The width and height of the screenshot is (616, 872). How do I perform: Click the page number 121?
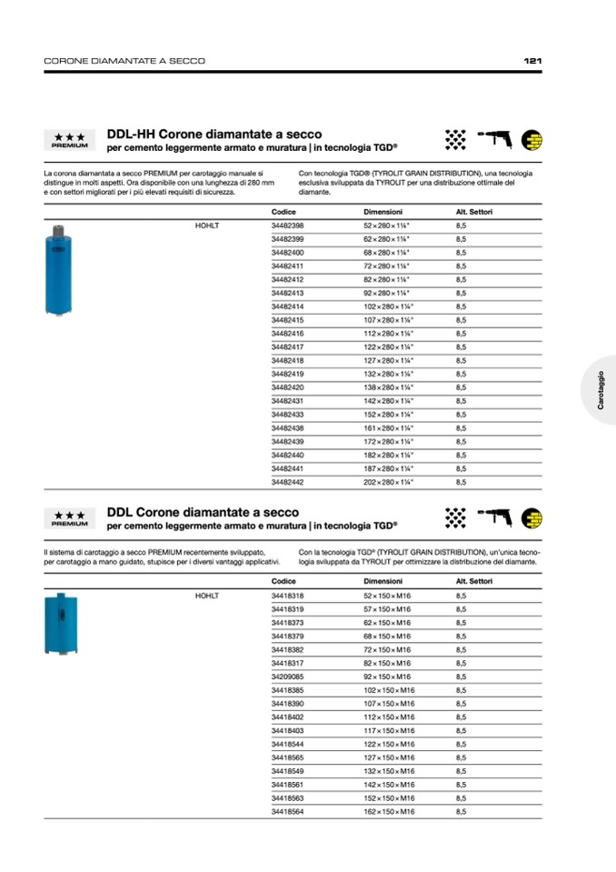pyautogui.click(x=533, y=61)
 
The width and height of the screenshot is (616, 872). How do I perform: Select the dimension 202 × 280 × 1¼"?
pyautogui.click(x=388, y=482)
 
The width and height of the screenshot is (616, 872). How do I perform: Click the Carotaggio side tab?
pyautogui.click(x=601, y=390)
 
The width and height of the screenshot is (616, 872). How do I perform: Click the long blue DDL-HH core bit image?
pyautogui.click(x=58, y=271)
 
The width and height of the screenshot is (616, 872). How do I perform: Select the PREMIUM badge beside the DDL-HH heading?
pyautogui.click(x=69, y=140)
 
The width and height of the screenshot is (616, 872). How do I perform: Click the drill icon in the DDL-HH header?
pyautogui.click(x=494, y=138)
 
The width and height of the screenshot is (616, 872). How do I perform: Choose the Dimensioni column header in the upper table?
pyautogui.click(x=383, y=211)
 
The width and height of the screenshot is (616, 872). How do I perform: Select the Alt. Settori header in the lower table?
pyautogui.click(x=474, y=581)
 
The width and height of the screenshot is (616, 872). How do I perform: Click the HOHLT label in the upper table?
pyautogui.click(x=207, y=225)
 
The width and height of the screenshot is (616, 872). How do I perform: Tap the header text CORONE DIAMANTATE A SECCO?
pyautogui.click(x=124, y=61)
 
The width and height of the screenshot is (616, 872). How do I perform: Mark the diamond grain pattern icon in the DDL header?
pyautogui.click(x=455, y=518)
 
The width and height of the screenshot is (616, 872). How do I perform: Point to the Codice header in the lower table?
pyautogui.click(x=283, y=581)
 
